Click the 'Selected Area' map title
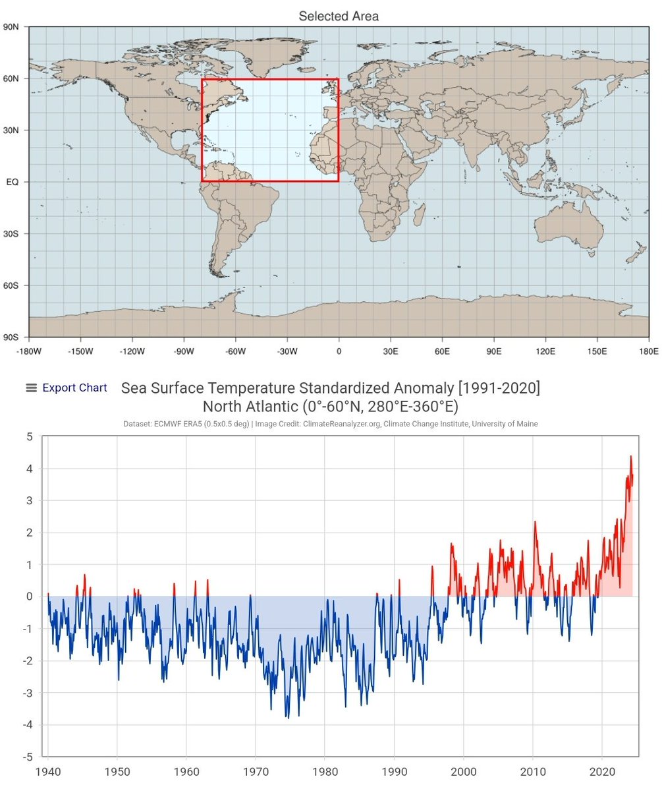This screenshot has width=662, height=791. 339,16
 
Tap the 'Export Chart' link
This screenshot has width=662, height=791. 74,388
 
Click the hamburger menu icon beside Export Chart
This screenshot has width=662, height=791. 31,388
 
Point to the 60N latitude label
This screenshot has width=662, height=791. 11,78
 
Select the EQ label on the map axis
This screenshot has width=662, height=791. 12,182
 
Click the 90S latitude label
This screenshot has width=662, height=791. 11,337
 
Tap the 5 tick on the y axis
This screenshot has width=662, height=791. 29,436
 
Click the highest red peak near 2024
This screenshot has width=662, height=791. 630,456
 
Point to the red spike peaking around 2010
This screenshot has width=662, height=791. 535,521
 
